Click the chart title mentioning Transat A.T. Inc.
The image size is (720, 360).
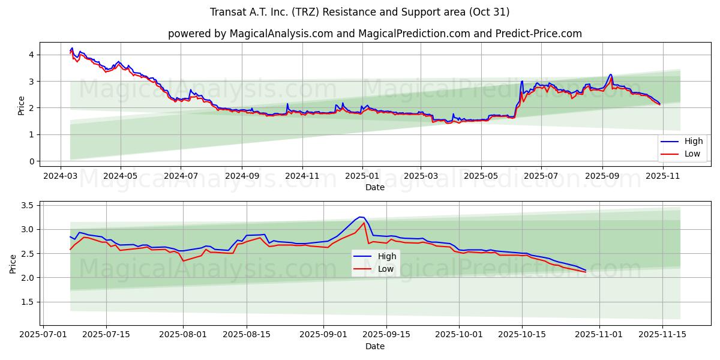click(x=359, y=12)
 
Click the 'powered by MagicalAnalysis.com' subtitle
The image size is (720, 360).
click(x=374, y=34)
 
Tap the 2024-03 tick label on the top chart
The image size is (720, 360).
click(x=60, y=176)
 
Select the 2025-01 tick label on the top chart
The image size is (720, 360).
click(x=362, y=176)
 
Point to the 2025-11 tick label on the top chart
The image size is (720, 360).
click(x=662, y=176)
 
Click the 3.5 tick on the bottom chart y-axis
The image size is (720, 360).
click(x=26, y=205)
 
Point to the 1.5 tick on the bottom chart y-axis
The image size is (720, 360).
click(x=26, y=302)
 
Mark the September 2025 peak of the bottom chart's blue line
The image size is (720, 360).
click(x=360, y=217)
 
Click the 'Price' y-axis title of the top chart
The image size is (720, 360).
click(x=22, y=105)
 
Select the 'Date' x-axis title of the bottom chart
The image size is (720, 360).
click(x=374, y=346)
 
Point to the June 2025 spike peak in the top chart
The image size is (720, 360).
click(x=522, y=81)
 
